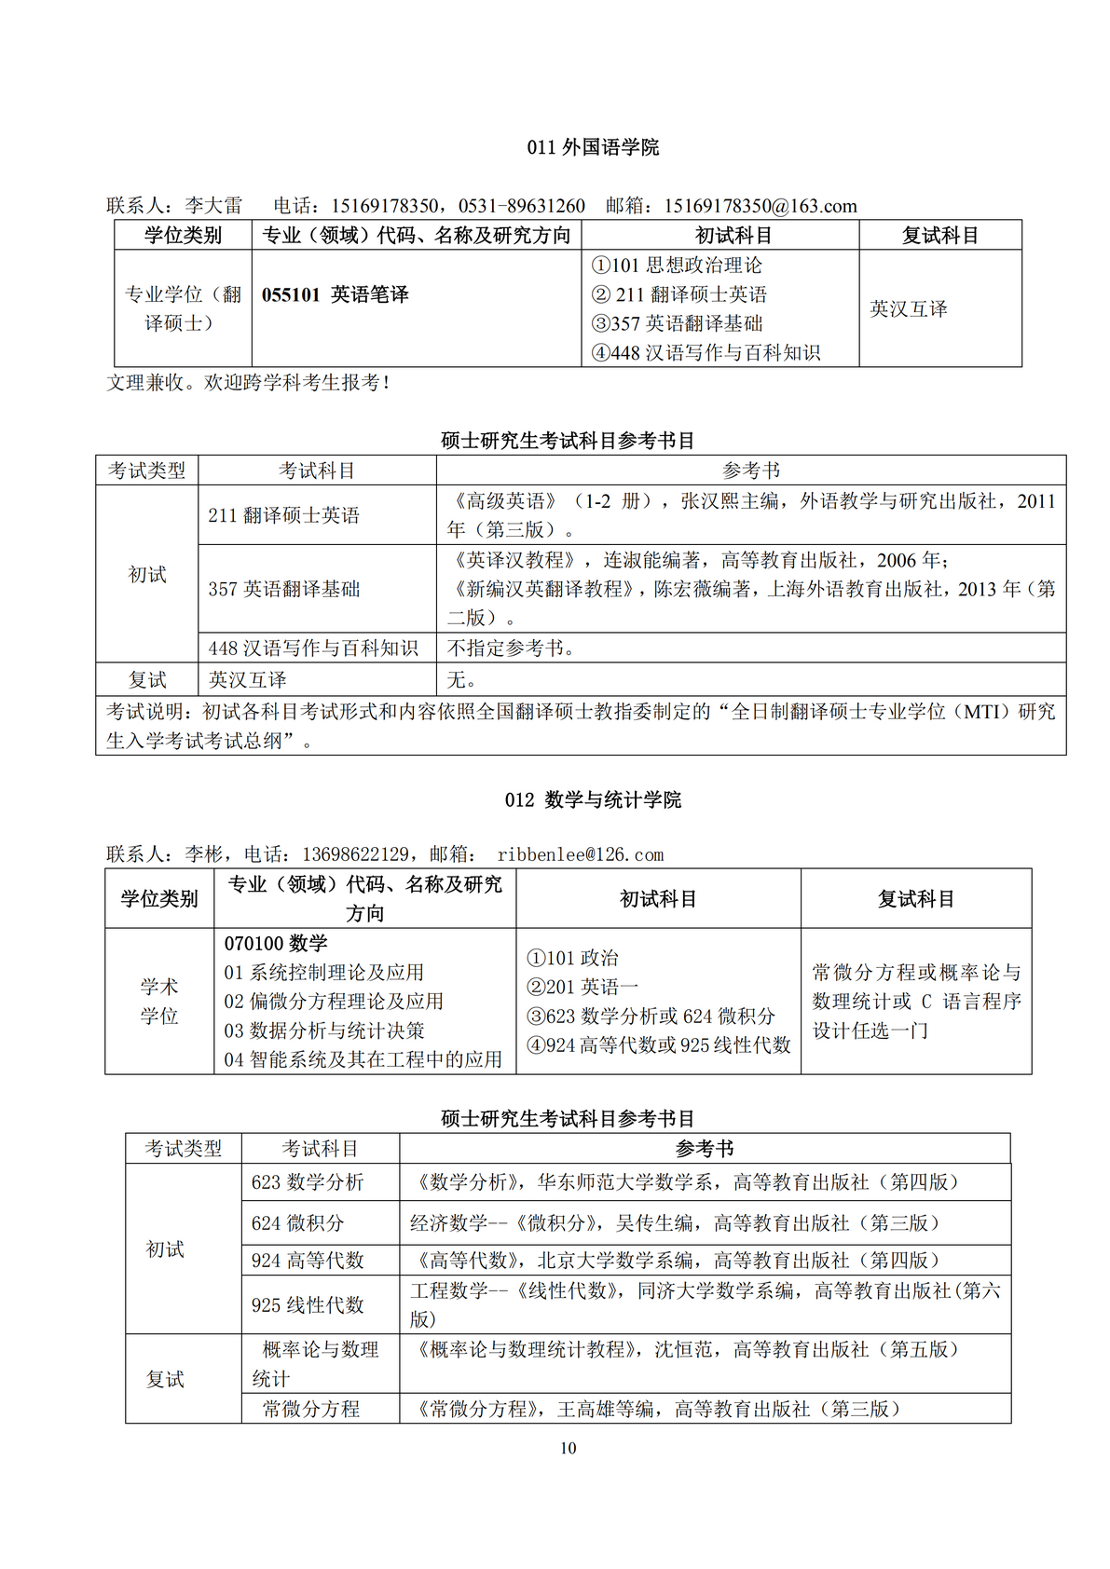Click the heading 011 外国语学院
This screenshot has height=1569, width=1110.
pyautogui.click(x=593, y=147)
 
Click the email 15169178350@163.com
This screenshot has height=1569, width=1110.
pyautogui.click(x=760, y=206)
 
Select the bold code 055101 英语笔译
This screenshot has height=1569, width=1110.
pyautogui.click(x=336, y=295)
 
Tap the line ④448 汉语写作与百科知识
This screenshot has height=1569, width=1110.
pyautogui.click(x=706, y=353)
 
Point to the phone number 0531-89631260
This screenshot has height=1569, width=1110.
pyautogui.click(x=522, y=206)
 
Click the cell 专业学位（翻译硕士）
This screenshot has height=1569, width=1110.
pyautogui.click(x=183, y=308)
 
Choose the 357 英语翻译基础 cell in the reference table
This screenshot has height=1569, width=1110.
pyautogui.click(x=284, y=589)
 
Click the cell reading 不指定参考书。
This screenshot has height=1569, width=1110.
pyautogui.click(x=512, y=648)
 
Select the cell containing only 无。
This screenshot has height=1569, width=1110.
pyautogui.click(x=462, y=680)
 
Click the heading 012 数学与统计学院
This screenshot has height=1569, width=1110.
pyautogui.click(x=593, y=800)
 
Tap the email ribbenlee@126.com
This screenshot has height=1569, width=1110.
pyautogui.click(x=580, y=854)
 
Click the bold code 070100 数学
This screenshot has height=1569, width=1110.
pyautogui.click(x=276, y=944)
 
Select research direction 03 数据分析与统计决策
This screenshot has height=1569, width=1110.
pyautogui.click(x=324, y=1031)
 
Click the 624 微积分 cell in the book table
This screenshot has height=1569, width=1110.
pyautogui.click(x=297, y=1223)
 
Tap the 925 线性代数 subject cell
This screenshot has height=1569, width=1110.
pyautogui.click(x=308, y=1305)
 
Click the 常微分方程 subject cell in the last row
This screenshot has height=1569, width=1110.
pyautogui.click(x=311, y=1410)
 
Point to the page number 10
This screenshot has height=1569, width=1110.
pyautogui.click(x=569, y=1449)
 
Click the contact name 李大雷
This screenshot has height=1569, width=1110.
pyautogui.click(x=213, y=206)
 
